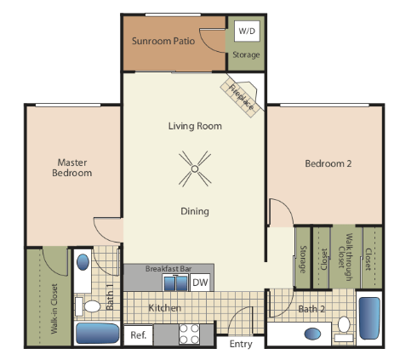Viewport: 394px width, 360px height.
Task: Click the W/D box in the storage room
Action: point(247,31)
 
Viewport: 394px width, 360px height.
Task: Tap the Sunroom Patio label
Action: point(164,40)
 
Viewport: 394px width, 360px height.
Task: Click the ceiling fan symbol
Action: point(195,169)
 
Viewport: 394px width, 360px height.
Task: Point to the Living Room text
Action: point(195,126)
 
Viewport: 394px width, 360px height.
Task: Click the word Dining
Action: point(194,211)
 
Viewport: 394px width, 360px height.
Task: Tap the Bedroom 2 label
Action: point(328,163)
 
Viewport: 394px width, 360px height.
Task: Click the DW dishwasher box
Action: point(200,283)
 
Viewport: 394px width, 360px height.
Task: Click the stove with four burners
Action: point(189,334)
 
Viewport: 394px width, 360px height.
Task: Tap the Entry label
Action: point(241,344)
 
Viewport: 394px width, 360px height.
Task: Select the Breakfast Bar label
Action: point(168,268)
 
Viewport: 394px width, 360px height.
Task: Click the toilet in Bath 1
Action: point(91,306)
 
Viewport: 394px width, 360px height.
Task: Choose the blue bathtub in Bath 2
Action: point(369,318)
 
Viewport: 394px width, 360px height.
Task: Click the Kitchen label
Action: point(164,307)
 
